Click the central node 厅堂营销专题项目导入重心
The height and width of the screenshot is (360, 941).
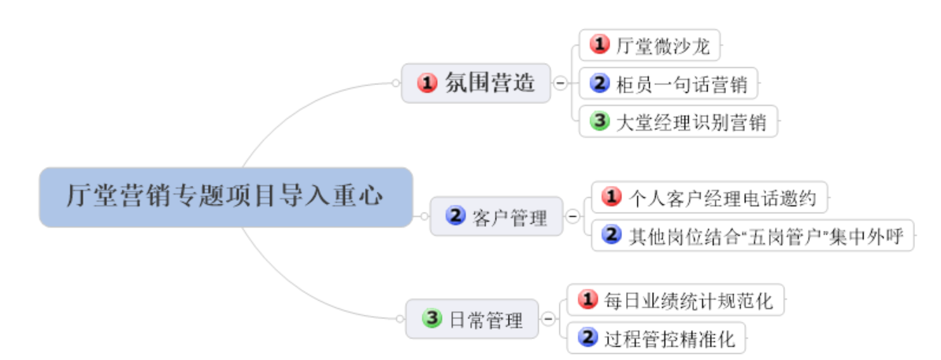[226, 196]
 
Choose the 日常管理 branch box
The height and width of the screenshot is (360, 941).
[472, 320]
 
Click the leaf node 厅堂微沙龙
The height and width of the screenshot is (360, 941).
[650, 46]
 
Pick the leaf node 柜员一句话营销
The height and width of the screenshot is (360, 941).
[669, 83]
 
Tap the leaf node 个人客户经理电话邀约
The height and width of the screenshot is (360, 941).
[709, 197]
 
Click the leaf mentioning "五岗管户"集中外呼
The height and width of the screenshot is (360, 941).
[753, 235]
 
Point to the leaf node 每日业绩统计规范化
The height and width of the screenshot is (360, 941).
[676, 300]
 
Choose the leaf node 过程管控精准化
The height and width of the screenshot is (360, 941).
[656, 339]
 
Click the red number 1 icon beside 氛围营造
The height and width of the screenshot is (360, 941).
[427, 83]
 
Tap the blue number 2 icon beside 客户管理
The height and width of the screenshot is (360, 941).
[455, 215]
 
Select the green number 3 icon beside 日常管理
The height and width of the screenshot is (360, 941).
[432, 319]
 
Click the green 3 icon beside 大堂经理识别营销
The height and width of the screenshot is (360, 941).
[600, 121]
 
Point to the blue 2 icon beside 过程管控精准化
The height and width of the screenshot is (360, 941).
[587, 338]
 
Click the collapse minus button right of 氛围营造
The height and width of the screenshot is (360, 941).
[560, 83]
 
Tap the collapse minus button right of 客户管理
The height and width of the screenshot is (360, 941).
[572, 216]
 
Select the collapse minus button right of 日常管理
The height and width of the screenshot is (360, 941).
[548, 319]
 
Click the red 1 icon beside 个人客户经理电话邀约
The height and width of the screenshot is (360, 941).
[612, 197]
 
